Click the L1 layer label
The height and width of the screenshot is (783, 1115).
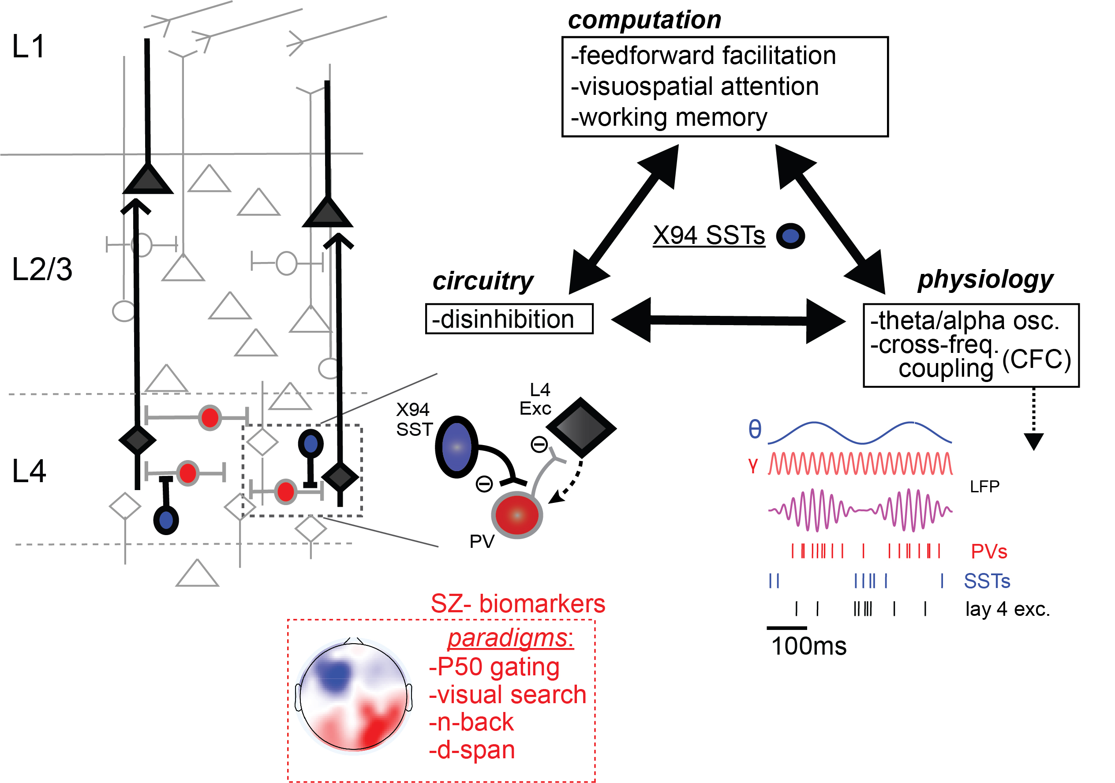[28, 47]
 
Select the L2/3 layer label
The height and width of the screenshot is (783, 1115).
[42, 270]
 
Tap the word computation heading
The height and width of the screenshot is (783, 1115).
[644, 20]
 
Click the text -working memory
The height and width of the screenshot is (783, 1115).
[669, 117]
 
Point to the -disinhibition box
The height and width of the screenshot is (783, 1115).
[509, 319]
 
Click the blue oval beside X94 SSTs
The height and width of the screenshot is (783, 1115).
[791, 236]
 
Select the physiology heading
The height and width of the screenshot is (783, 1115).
[985, 280]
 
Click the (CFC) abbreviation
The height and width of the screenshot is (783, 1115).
[1036, 360]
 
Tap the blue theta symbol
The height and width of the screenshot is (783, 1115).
[755, 429]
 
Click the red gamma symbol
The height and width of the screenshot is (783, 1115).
[753, 465]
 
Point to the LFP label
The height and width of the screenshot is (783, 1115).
[984, 487]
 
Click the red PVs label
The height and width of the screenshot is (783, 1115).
[989, 552]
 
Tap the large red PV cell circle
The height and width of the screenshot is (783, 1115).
[517, 515]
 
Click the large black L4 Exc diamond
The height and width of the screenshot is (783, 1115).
[581, 428]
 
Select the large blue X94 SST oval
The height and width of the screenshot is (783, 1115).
[456, 447]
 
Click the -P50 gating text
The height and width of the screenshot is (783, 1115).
[494, 667]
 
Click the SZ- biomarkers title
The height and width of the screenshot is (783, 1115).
[518, 604]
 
